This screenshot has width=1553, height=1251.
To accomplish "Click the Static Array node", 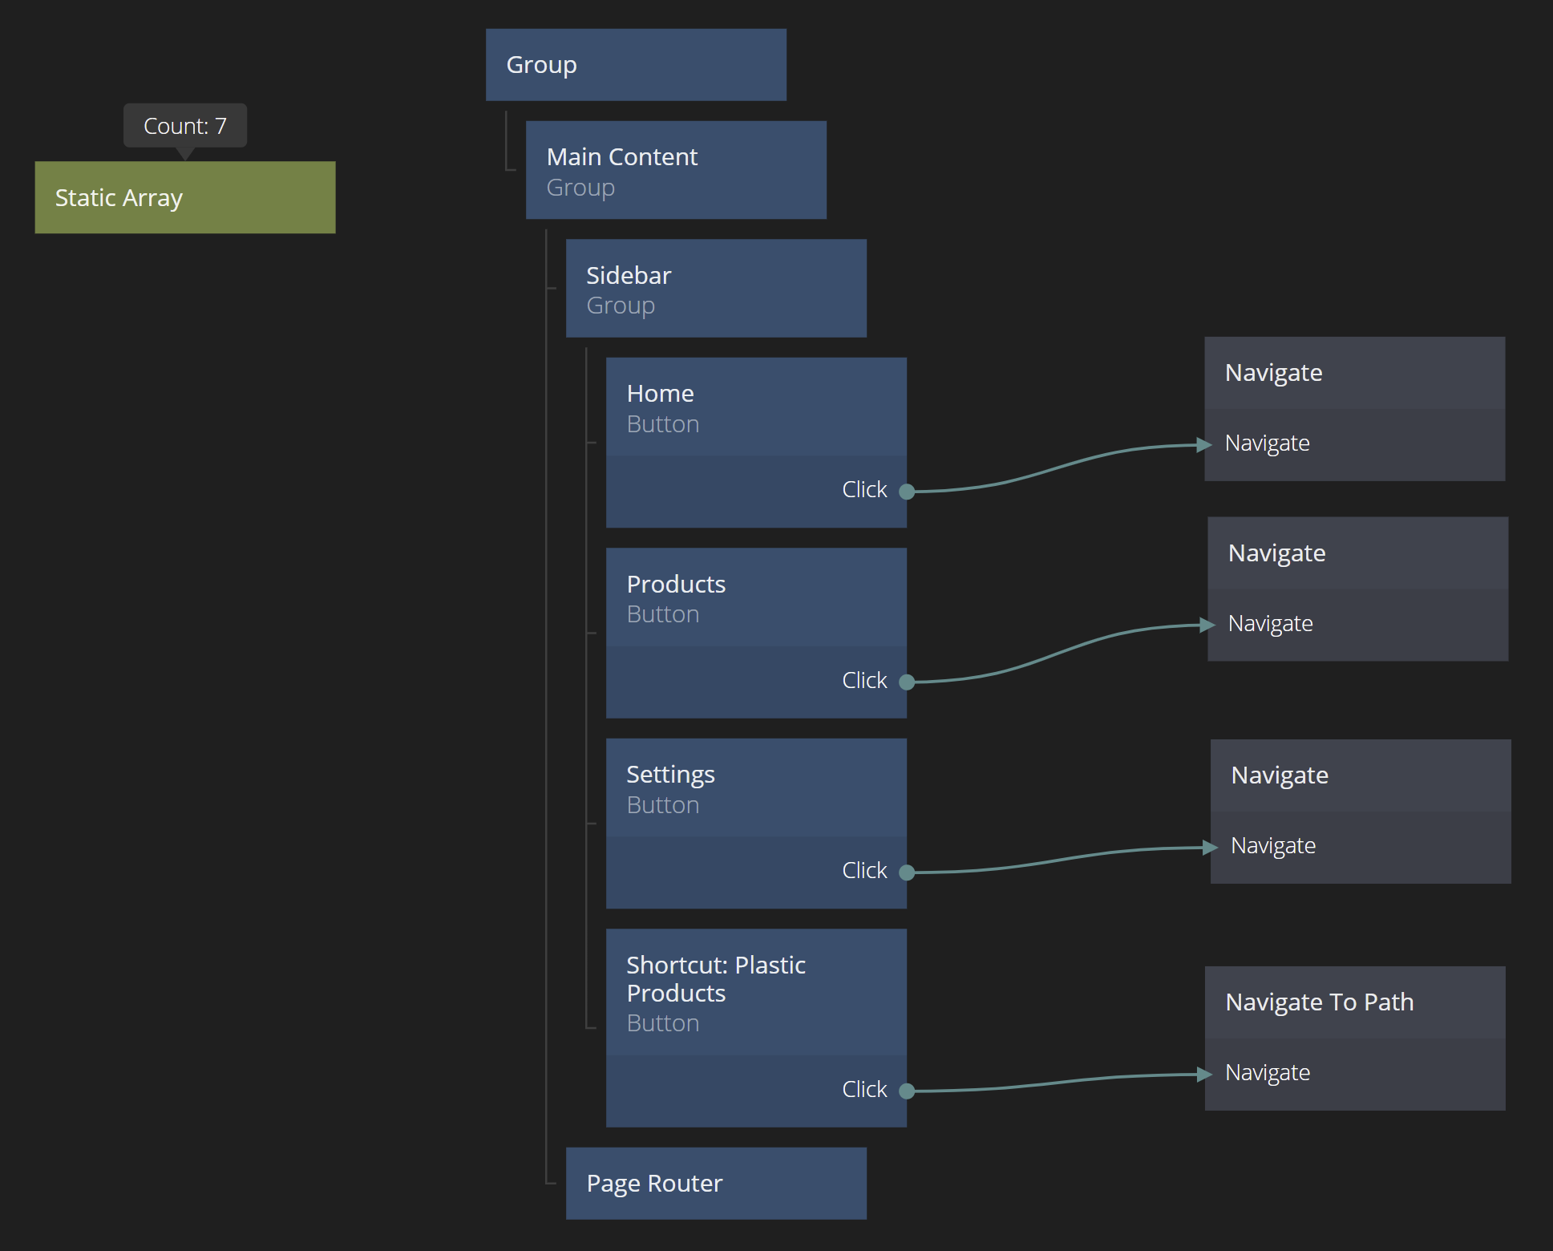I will [184, 197].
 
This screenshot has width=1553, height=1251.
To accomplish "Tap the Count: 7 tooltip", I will [184, 126].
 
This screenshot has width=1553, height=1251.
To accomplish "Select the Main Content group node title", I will [621, 156].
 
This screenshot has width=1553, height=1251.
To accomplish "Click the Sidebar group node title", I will [629, 275].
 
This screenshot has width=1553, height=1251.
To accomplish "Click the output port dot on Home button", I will [907, 492].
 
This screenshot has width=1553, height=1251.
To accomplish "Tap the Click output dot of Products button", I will [907, 682].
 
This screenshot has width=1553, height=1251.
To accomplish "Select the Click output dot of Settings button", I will [907, 872].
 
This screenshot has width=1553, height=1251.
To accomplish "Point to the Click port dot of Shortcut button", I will [907, 1091].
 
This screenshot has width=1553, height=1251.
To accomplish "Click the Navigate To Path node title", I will [1319, 1002].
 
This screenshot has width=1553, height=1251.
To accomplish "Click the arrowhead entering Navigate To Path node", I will [1204, 1075].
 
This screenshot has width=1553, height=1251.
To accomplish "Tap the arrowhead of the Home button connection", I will [1203, 444].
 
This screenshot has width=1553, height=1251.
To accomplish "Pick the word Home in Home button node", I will [660, 394].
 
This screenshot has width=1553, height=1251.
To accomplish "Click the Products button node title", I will [676, 584].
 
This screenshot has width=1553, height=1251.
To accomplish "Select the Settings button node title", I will [670, 775].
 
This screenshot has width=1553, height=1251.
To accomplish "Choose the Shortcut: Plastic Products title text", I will [715, 978].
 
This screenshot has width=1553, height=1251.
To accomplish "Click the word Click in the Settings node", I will [864, 870].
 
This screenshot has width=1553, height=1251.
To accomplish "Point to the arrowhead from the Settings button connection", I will [1210, 848].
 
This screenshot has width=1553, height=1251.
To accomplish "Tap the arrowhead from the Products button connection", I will [1207, 625].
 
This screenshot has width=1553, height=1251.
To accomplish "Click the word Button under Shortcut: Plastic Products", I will [662, 1023].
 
